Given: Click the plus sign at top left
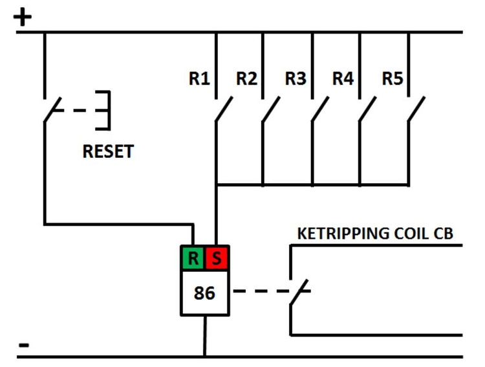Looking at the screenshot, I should tap(23, 17).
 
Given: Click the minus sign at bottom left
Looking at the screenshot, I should tap(23, 344).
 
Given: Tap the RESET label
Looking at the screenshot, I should tap(108, 152).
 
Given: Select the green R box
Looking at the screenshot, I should tap(193, 259).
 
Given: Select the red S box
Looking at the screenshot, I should tap(217, 259).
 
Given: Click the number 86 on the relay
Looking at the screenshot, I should tap(204, 293).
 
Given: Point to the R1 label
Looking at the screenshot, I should tap(199, 79).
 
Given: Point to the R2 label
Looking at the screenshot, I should tap(246, 79).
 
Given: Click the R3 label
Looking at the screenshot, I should tap(295, 79).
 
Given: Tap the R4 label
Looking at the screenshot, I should tap(343, 79).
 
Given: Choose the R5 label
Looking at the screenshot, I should tap(392, 79).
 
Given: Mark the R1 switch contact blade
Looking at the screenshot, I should tap(224, 110).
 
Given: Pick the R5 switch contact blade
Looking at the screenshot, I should tap(416, 110).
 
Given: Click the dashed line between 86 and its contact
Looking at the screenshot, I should tap(259, 291).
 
